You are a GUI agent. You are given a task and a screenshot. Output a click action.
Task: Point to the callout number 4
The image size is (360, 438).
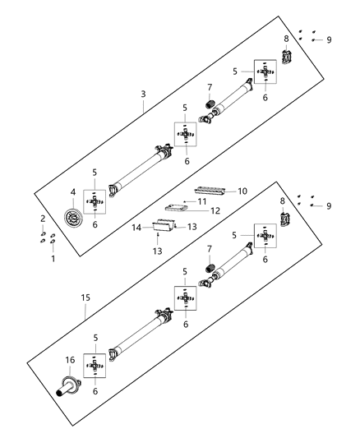click(73, 193)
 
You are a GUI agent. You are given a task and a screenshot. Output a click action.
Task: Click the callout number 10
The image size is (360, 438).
click(242, 191)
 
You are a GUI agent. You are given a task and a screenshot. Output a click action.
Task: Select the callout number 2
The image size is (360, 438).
click(43, 219)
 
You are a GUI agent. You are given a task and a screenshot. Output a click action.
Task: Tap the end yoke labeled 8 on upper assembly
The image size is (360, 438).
click(286, 58)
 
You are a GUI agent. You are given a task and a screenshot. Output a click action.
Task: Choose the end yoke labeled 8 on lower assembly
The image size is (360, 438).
click(285, 221)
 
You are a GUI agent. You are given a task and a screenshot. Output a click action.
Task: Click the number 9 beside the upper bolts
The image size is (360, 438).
click(330, 40)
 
